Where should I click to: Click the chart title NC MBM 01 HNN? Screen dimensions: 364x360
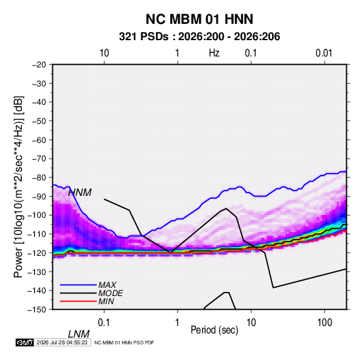tap(199, 19)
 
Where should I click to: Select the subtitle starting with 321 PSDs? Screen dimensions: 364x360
tap(199, 37)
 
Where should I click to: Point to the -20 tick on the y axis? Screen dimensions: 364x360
tap(39, 65)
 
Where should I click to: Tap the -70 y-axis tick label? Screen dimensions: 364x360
tap(39, 159)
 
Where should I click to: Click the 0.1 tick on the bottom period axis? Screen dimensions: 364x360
tap(104, 323)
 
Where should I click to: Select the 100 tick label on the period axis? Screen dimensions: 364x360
tap(325, 323)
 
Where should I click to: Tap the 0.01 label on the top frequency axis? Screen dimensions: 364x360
tap(324, 53)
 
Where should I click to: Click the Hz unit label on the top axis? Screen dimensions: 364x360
tap(214, 53)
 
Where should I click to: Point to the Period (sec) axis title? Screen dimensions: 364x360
tap(214, 330)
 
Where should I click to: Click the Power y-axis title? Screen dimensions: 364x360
tap(18, 187)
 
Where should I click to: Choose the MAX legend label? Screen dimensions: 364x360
tap(107, 285)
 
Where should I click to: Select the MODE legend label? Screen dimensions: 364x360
tap(110, 293)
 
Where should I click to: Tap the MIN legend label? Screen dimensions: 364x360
tap(106, 301)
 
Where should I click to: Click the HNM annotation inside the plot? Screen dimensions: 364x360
tap(80, 193)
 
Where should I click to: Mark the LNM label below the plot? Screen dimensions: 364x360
tap(79, 334)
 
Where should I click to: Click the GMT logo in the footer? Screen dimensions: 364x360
tap(24, 342)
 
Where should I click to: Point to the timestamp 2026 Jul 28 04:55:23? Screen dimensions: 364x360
tap(62, 342)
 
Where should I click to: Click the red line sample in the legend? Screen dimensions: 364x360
tap(78, 301)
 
